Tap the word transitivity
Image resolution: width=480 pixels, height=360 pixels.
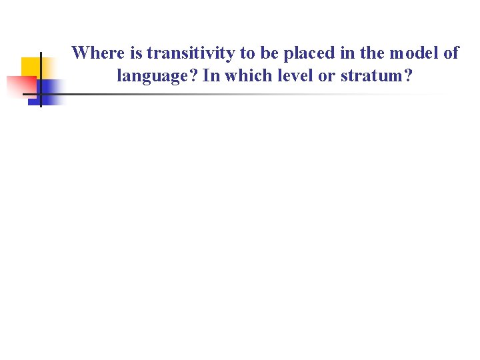pos(190,53)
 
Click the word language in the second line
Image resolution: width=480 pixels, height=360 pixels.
pos(157,76)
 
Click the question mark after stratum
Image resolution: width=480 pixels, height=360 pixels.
pos(409,76)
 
